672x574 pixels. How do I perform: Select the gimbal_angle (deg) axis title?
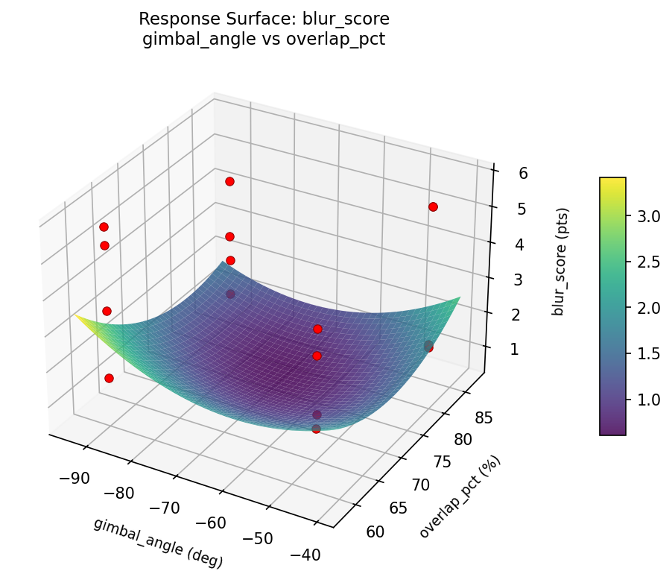point(158,542)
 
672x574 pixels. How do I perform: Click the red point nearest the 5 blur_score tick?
point(433,206)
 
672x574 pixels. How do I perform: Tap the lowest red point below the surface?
point(316,429)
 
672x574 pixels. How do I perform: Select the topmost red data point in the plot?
point(229,181)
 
